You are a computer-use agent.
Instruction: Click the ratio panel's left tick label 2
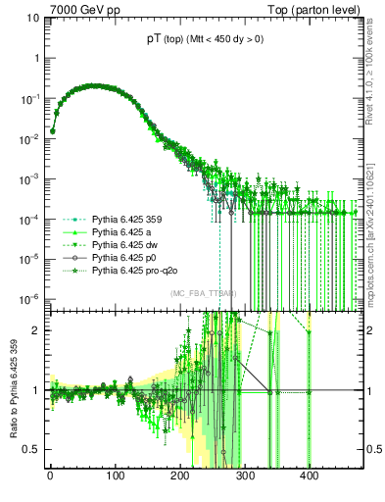coord(37,330)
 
